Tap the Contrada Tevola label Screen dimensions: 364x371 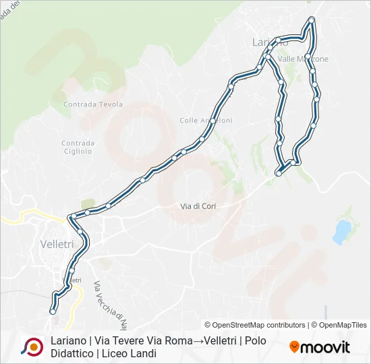(93, 104)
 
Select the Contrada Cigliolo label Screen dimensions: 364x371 (78, 147)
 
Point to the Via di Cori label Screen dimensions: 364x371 (197, 206)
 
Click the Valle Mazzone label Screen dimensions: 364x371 (304, 59)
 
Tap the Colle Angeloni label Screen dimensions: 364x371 (206, 121)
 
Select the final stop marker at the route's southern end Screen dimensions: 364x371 (53, 311)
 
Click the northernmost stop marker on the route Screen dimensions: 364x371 (311, 20)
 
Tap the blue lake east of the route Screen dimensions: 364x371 (341, 231)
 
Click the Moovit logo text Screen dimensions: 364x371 (326, 347)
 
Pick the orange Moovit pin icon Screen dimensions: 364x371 (294, 347)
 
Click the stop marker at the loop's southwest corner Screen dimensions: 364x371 (279, 173)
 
